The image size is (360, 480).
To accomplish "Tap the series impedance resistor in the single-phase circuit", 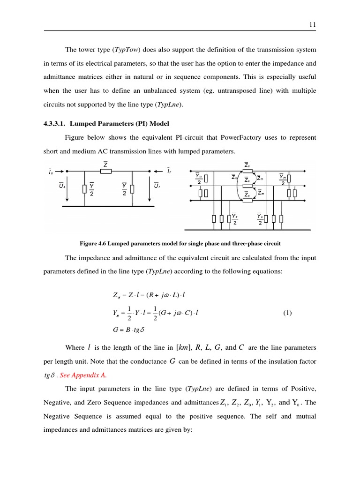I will point(106,171).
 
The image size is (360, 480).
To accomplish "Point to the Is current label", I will point(51,174).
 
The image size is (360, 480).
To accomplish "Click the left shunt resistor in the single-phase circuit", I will point(84,189).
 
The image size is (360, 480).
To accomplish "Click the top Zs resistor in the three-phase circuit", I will point(247,171).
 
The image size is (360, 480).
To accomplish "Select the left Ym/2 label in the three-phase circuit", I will point(199,179).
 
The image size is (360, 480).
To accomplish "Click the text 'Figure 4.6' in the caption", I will point(94,243).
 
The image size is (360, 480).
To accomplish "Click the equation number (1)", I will point(287,313).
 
